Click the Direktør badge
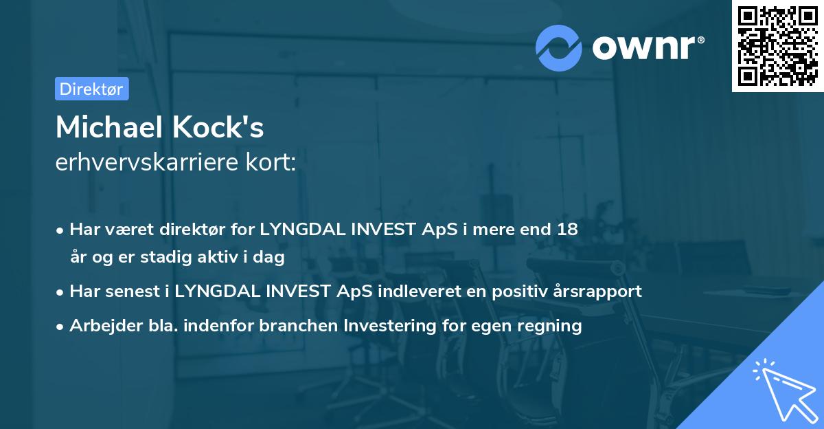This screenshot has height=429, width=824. tap(91, 89)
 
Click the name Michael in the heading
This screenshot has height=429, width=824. tap(104, 127)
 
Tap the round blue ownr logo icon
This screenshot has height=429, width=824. tap(558, 47)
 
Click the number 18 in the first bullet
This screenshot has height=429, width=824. tap(567, 230)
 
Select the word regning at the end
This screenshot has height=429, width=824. tap(552, 325)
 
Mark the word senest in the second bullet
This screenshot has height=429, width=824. tap(133, 291)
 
